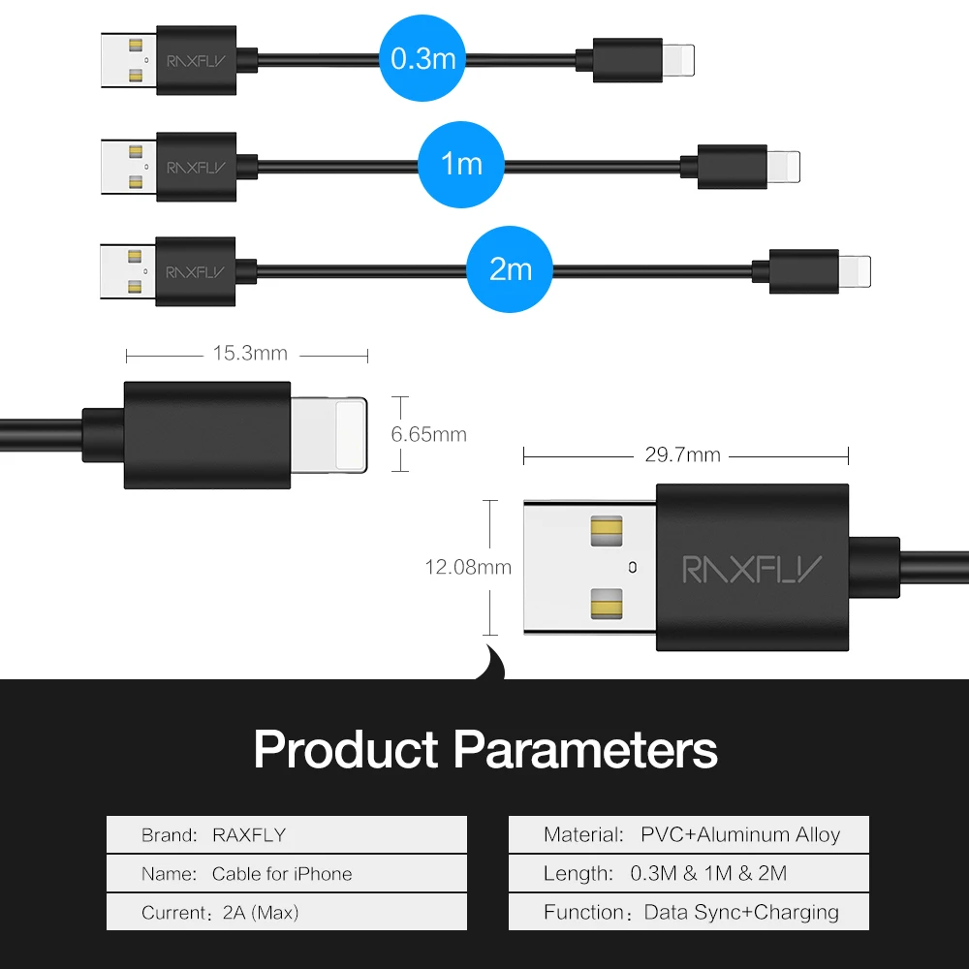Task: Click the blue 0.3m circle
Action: click(x=422, y=59)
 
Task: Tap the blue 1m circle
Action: click(x=461, y=164)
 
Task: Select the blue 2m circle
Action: click(x=510, y=268)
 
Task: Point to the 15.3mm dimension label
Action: click(x=250, y=353)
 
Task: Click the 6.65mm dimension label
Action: click(x=428, y=434)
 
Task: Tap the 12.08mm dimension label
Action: click(x=468, y=567)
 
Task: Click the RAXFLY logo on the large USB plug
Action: click(x=752, y=569)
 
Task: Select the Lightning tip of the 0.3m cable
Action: click(x=680, y=60)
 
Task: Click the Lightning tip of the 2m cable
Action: click(x=855, y=270)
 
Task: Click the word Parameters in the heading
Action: click(x=585, y=749)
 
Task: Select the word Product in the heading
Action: click(x=346, y=749)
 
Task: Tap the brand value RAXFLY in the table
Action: click(x=249, y=835)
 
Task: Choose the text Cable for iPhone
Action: click(x=282, y=874)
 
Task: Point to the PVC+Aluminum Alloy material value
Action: click(x=740, y=835)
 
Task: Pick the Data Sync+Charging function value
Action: click(x=742, y=913)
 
